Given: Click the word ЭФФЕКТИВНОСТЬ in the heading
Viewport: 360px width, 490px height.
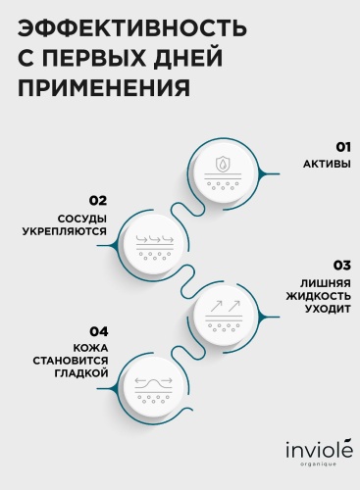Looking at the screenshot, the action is (131, 28).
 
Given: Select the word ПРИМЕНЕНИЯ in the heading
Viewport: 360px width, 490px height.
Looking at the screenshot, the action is (104, 87).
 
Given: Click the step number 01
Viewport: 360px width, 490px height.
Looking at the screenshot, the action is (343, 147).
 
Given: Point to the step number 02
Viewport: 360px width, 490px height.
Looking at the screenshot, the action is (98, 201).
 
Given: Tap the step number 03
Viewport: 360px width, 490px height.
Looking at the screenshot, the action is (342, 266).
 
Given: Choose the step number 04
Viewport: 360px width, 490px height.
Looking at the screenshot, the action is (99, 332).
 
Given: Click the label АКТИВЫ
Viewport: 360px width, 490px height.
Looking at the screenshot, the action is (327, 164).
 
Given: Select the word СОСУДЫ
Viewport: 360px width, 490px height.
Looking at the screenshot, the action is (82, 219).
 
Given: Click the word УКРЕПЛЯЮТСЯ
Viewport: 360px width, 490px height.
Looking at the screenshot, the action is (65, 231).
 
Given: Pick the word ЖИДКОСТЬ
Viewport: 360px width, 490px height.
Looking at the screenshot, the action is (319, 296).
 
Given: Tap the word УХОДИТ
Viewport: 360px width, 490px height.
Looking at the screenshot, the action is (328, 309).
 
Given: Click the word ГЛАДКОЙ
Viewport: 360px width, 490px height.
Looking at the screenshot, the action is (81, 373).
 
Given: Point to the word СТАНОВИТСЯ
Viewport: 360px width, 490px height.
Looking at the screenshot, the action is (71, 361).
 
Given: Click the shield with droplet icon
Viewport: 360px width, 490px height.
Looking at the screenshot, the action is (224, 165).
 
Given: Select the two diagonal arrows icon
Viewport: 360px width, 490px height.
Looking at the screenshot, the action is (225, 307).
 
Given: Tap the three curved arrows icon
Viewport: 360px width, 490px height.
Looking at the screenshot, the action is (155, 239).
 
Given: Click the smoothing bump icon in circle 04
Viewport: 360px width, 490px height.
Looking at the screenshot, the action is (154, 383).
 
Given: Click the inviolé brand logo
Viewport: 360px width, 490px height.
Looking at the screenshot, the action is (320, 451).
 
